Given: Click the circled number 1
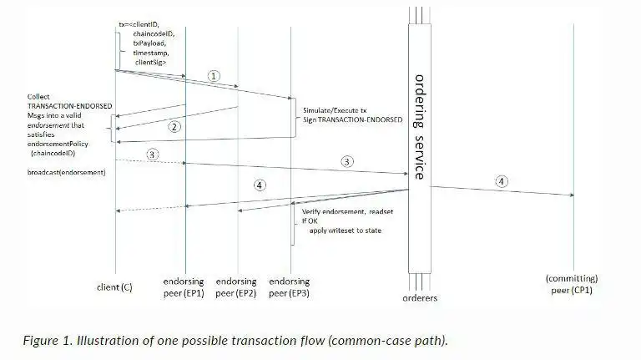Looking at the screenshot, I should click(215, 75).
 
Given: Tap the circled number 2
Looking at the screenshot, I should click(174, 127).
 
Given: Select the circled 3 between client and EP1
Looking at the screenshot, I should click(152, 154).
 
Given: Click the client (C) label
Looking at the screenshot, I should click(115, 287).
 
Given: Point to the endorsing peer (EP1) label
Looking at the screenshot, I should click(184, 286).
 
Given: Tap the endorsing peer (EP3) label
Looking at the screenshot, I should click(290, 286).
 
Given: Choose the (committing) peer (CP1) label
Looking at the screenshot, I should click(573, 283).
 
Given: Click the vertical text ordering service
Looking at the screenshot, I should click(420, 125).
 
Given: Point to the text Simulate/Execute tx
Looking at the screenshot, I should click(335, 109).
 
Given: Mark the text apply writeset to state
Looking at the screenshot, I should click(348, 231).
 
